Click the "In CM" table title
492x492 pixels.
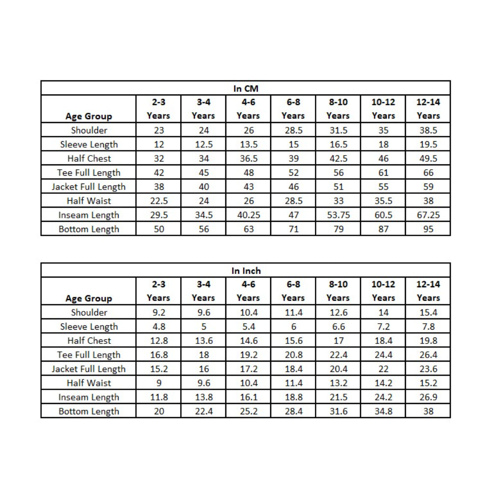coord(246,89)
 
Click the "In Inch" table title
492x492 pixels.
coord(246,271)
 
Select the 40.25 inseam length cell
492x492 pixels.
coord(248,215)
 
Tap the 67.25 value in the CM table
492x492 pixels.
coord(428,215)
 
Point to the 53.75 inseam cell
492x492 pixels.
coord(338,215)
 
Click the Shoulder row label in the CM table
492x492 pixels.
coord(89,130)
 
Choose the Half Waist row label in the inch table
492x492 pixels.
coord(89,383)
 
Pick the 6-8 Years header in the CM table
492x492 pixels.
coord(293,109)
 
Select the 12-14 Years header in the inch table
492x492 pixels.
coord(428,291)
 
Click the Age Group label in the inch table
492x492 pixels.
coord(89,298)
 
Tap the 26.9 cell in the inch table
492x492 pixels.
coord(428,397)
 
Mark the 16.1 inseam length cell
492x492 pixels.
coord(248,397)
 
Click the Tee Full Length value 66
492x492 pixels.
coord(428,173)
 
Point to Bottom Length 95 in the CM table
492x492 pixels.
coord(428,229)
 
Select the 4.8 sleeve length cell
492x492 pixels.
coord(158,326)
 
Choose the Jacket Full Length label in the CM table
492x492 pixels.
coord(89,186)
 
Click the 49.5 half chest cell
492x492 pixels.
coord(428,158)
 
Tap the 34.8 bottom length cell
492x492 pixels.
coord(383,411)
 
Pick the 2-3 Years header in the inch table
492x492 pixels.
coord(158,291)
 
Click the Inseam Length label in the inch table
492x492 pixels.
coord(89,397)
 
